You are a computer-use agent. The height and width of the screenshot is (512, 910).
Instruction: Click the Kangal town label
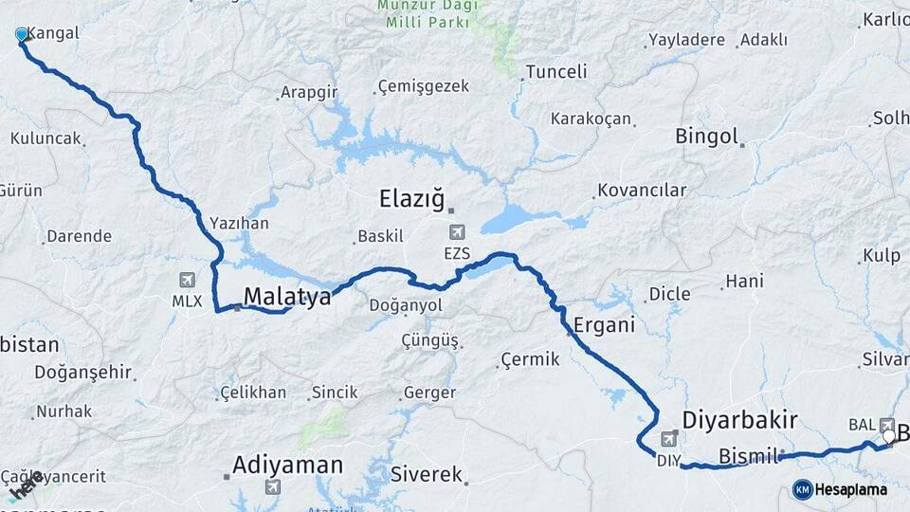[55, 33]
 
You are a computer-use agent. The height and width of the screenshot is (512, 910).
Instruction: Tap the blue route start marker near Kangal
[22, 35]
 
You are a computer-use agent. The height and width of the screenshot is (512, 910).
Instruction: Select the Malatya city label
[287, 297]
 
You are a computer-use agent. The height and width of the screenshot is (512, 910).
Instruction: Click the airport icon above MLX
[186, 280]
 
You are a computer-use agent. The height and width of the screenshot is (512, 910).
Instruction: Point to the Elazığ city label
[411, 199]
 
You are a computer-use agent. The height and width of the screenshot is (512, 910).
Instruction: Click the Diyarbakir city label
[740, 420]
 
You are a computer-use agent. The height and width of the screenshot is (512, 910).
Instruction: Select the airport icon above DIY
[669, 438]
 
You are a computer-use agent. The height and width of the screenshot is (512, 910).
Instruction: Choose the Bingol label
[706, 137]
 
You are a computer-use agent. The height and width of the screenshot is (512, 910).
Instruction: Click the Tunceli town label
[556, 71]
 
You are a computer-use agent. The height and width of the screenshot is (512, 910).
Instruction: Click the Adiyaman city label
[288, 466]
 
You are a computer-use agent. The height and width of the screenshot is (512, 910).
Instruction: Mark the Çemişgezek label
[423, 86]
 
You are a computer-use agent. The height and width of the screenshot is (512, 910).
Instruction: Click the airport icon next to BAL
[887, 425]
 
